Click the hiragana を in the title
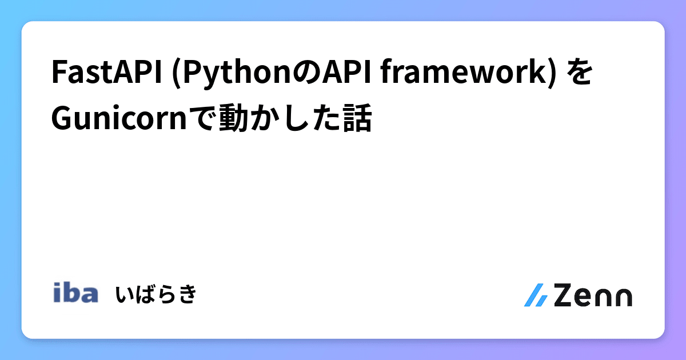pos(580,75)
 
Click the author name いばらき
pos(156,294)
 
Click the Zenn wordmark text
pos(593,295)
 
